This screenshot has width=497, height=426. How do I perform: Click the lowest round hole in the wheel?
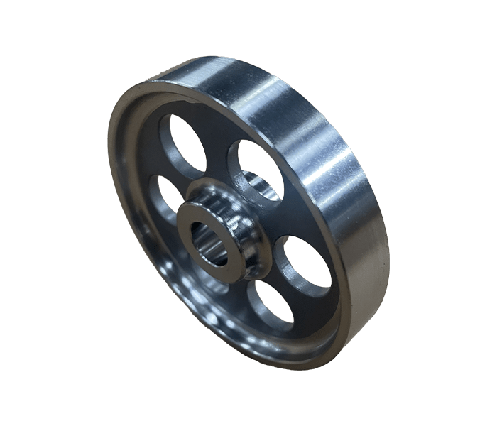pos(271,304)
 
